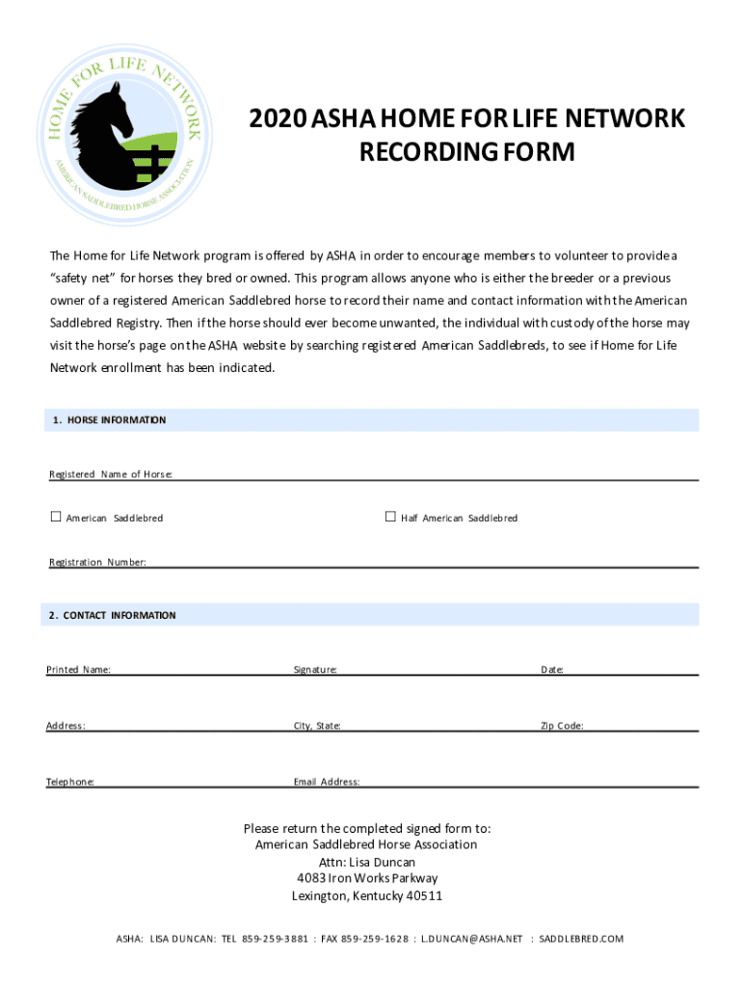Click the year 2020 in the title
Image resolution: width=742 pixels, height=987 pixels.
(278, 120)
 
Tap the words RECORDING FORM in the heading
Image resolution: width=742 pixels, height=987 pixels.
(466, 152)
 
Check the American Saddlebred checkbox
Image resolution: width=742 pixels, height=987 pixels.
(55, 518)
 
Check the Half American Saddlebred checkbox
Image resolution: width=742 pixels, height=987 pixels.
(390, 518)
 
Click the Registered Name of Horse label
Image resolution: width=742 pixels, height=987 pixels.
(111, 474)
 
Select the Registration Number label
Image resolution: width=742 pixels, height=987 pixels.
(98, 562)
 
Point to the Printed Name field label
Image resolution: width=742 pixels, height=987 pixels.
(78, 669)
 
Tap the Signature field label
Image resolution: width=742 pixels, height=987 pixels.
(315, 669)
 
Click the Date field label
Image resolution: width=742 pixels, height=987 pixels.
(551, 669)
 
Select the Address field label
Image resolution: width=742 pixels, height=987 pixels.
(66, 726)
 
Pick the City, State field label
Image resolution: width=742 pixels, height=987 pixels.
(317, 726)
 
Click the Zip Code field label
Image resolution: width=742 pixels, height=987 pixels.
(561, 726)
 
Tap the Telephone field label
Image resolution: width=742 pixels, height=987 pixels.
(70, 782)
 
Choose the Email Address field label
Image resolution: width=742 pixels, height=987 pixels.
(327, 782)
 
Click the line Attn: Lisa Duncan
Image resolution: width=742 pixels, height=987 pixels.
(367, 862)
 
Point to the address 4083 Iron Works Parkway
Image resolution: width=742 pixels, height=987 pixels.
(367, 878)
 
